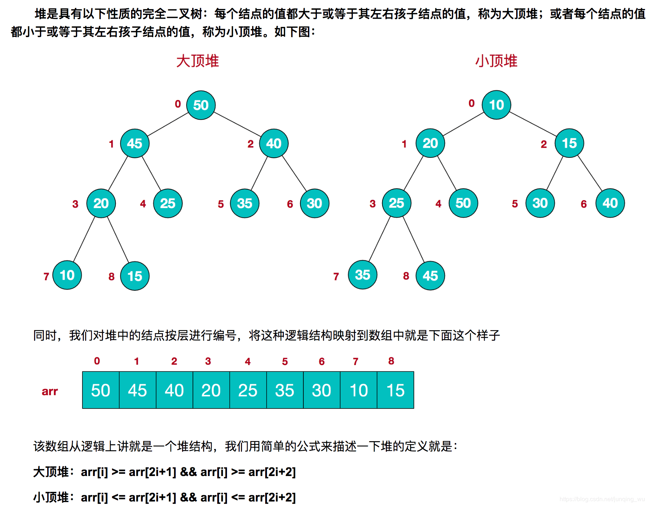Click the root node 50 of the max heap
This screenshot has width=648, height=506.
pyautogui.click(x=201, y=105)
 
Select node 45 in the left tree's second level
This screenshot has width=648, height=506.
pyautogui.click(x=135, y=143)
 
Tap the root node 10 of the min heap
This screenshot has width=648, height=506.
pyautogui.click(x=496, y=105)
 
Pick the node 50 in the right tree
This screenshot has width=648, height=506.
pyautogui.click(x=463, y=203)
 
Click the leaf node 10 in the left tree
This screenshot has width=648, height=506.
pyautogui.click(x=67, y=275)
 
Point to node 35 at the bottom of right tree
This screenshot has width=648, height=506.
pyautogui.click(x=363, y=275)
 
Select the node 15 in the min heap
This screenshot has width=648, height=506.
pyautogui.click(x=569, y=143)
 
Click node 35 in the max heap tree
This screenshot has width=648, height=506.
pyautogui.click(x=245, y=204)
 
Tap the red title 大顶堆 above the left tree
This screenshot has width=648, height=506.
pyautogui.click(x=197, y=61)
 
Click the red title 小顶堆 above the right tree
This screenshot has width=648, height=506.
pyautogui.click(x=496, y=61)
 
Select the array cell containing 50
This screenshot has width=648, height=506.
pyautogui.click(x=101, y=390)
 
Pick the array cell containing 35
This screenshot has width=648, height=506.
pyautogui.click(x=285, y=390)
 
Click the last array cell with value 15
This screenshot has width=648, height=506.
pyautogui.click(x=396, y=390)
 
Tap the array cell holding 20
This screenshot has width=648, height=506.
pyautogui.click(x=211, y=390)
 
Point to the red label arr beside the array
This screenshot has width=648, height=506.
pyautogui.click(x=50, y=391)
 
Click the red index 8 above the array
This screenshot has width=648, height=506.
pyautogui.click(x=391, y=361)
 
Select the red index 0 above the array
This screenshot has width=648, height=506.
pyautogui.click(x=97, y=361)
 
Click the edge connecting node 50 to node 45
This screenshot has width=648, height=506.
pyautogui.click(x=168, y=124)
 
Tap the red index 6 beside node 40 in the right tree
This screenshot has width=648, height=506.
pyautogui.click(x=584, y=204)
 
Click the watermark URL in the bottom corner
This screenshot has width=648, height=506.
pyautogui.click(x=602, y=499)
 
